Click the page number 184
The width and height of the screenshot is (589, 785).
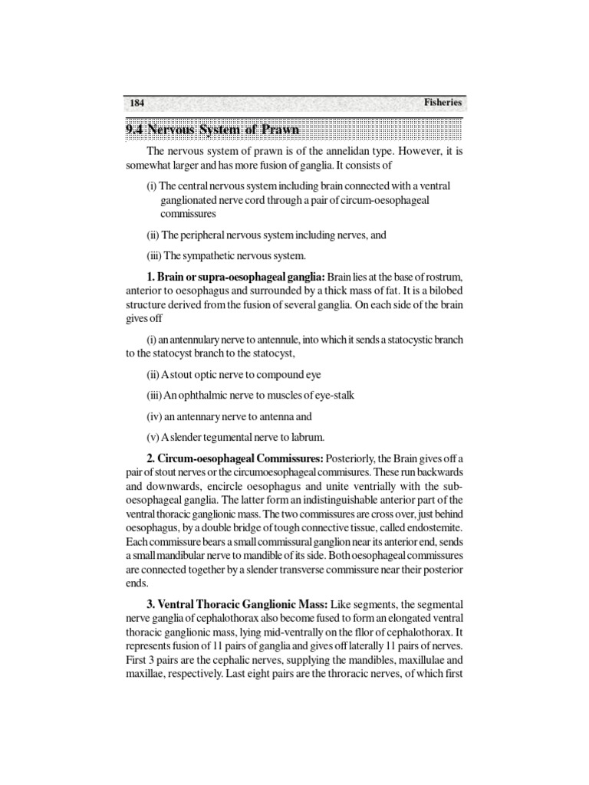pos(137,103)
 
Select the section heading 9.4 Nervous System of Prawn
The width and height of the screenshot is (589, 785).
pos(212,130)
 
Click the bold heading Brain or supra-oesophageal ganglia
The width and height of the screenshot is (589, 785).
pos(237,277)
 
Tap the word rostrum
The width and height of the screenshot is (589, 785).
pos(445,277)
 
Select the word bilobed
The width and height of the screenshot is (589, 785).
pos(442,291)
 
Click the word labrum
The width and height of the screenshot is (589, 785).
pos(309,438)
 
